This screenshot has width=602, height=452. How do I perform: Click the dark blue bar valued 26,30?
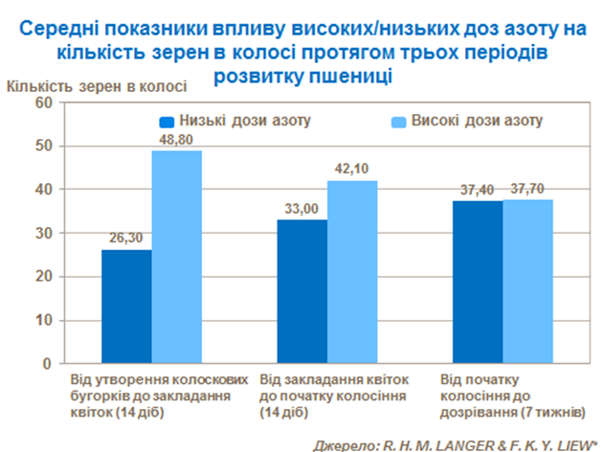[x=126, y=306]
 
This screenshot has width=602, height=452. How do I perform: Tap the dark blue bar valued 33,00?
[x=302, y=292]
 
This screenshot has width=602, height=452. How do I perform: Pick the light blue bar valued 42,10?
[x=352, y=272]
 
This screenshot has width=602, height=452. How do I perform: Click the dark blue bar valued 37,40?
[x=478, y=282]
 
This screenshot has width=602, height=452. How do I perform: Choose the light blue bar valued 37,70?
[x=527, y=282]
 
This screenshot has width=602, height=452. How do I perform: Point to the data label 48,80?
[x=177, y=139]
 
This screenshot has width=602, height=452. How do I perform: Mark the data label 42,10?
[x=352, y=169]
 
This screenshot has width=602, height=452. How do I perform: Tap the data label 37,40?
[x=477, y=189]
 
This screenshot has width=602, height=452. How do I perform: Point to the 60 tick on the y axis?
[x=42, y=102]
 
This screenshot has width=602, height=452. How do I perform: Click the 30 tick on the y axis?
[x=42, y=234]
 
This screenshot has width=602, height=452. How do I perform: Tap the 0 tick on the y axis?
[x=46, y=365]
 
